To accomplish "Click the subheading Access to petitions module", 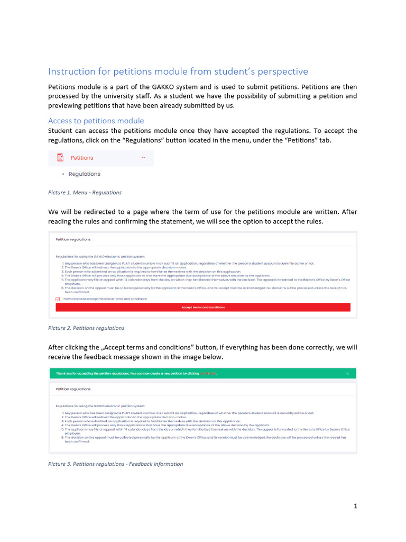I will (x=96, y=121).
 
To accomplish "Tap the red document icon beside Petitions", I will (x=60, y=158).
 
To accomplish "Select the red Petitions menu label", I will (x=82, y=158).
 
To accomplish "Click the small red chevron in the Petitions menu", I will (x=143, y=158).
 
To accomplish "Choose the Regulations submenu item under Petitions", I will (x=84, y=174).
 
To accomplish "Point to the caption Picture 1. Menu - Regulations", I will (x=85, y=193).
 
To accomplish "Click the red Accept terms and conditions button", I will (x=203, y=308).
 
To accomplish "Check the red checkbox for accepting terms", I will (x=58, y=299).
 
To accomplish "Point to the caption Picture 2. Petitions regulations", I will (x=86, y=328).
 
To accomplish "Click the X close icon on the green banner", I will (x=347, y=374).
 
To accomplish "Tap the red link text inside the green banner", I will (x=208, y=374).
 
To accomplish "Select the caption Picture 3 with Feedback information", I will (x=115, y=464).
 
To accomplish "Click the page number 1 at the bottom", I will (x=356, y=506).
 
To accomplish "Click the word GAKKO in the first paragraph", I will (x=158, y=87).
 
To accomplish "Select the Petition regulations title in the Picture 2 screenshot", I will (x=73, y=239).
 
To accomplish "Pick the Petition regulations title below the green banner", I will (x=73, y=389).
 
